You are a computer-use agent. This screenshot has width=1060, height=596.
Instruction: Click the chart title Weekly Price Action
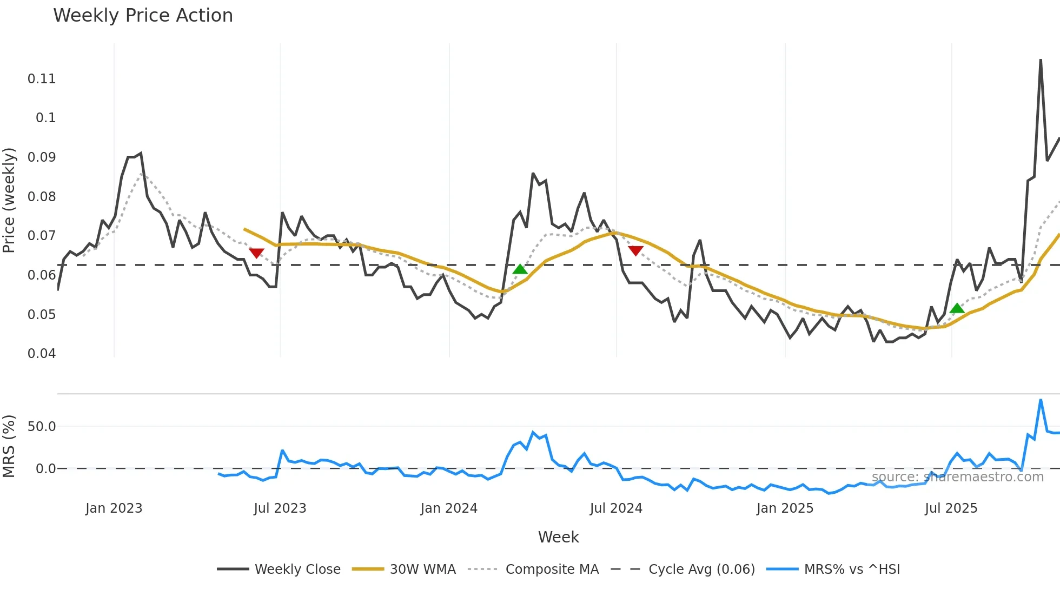[143, 16]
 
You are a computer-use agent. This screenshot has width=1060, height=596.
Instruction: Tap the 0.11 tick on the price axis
[42, 79]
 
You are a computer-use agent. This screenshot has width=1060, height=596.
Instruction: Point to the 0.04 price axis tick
[42, 354]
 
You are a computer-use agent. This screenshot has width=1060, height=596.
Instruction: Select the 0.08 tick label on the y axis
[42, 197]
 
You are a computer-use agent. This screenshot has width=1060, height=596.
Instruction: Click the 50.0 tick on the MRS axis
[42, 427]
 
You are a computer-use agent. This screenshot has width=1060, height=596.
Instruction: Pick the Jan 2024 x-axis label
[449, 508]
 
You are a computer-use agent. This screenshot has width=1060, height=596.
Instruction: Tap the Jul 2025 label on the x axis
[951, 508]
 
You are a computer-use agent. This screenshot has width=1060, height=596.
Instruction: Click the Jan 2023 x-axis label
[114, 508]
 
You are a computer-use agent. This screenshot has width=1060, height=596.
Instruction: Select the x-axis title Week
[558, 537]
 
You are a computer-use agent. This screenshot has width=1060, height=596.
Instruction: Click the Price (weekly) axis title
[9, 200]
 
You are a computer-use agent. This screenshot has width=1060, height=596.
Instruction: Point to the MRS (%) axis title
[9, 446]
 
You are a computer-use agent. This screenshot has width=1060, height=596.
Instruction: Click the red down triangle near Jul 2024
[636, 251]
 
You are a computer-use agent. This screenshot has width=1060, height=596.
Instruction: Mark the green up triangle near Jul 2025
[957, 308]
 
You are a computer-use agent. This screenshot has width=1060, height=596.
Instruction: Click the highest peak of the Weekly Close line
[1041, 60]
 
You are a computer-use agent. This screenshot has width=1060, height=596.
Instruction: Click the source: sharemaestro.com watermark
[957, 477]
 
